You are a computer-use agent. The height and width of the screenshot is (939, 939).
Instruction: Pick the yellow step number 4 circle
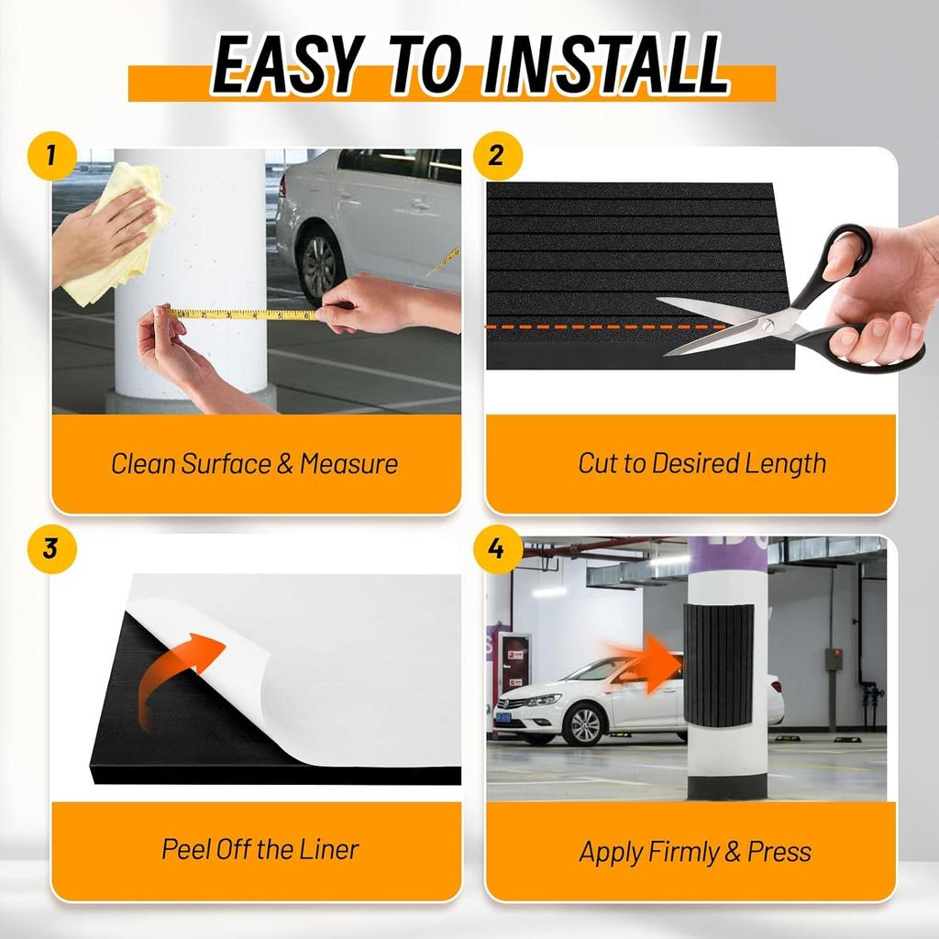point(497,548)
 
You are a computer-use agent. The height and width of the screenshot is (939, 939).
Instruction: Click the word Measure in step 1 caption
point(348,463)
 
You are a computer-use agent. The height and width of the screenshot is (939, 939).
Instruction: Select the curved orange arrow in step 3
point(179,679)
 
